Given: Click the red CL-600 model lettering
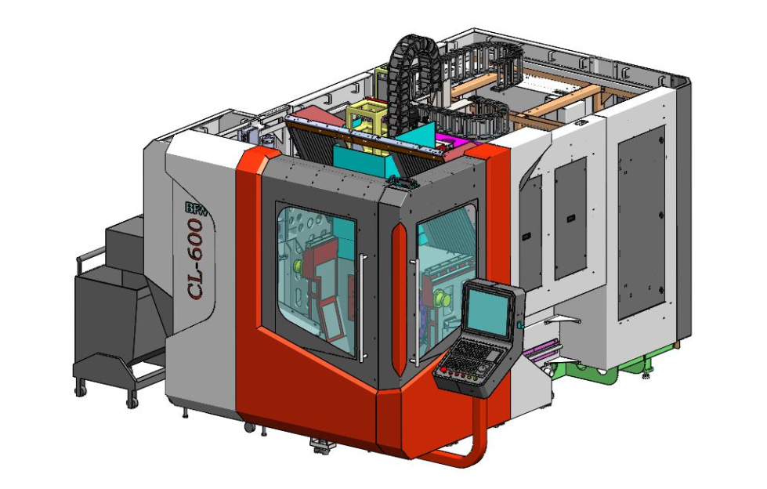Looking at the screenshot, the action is (196, 259).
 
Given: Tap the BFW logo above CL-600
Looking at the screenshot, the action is (197, 208).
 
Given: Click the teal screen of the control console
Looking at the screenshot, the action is (487, 310).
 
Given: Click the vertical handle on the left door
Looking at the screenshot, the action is (362, 308).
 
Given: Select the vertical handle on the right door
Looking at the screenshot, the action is (416, 313).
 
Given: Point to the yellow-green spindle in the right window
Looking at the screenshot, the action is (443, 298).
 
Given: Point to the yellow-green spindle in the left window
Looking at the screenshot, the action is (298, 266).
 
